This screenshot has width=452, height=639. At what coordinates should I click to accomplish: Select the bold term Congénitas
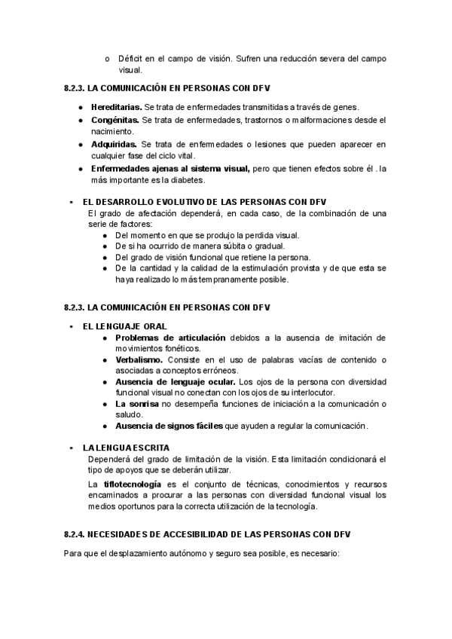(115, 120)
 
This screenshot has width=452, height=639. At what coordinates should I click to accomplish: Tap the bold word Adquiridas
(114, 144)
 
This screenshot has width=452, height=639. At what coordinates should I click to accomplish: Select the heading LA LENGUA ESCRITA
(126, 448)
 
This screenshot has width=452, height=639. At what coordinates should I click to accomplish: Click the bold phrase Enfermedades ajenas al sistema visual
(170, 168)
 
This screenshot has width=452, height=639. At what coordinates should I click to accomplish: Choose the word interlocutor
(310, 393)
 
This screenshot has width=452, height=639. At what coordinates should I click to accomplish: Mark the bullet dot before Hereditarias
(81, 106)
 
